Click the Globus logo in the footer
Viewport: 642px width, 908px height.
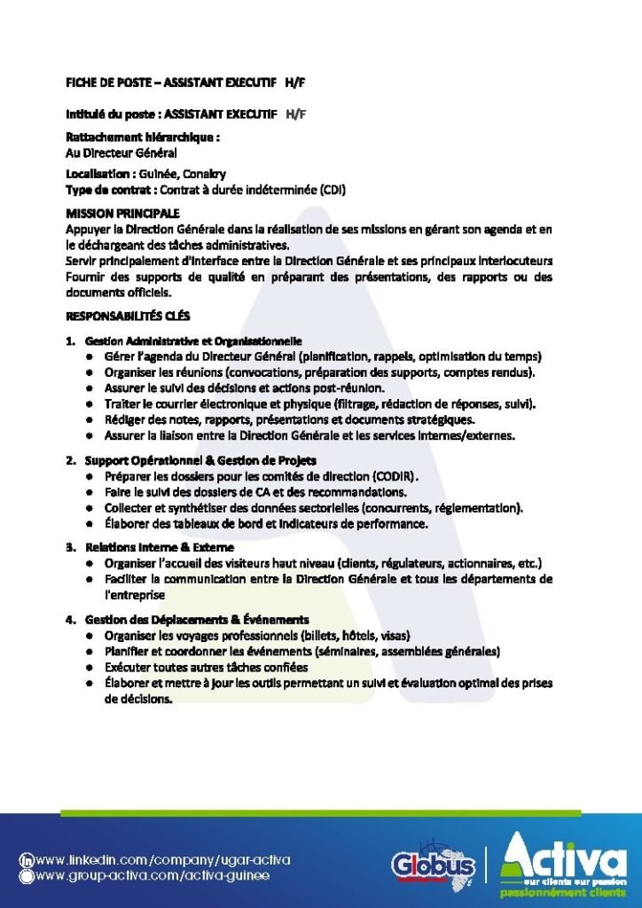(433, 865)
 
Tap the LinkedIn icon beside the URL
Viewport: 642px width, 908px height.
(27, 860)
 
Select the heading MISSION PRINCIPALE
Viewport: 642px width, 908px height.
(122, 214)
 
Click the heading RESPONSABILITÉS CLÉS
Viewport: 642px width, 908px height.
(128, 316)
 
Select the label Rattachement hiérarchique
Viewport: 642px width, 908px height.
(142, 137)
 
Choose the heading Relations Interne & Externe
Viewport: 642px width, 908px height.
(160, 547)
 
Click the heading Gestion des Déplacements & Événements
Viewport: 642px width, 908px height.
(197, 619)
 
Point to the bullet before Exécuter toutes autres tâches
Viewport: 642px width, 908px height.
(90, 667)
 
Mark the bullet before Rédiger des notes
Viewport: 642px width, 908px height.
(90, 420)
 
